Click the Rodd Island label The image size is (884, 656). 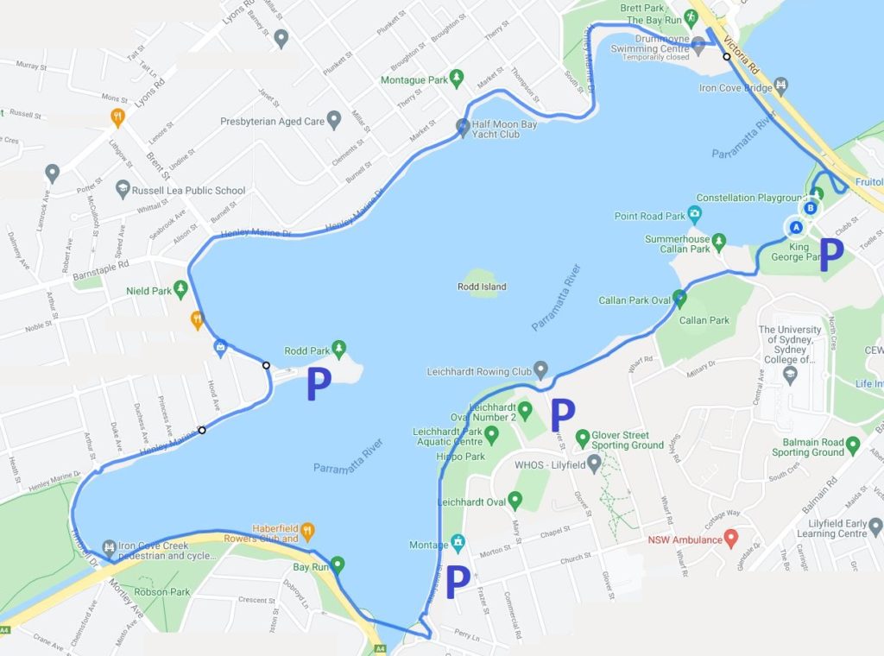pos(482,287)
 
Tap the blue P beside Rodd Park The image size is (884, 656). pos(319,386)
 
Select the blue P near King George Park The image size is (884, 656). pos(830,255)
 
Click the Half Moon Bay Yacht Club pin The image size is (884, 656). pos(462,125)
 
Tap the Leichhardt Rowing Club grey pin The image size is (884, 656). pos(540,371)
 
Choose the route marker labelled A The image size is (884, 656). pos(797,226)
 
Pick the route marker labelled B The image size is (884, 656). pos(810,208)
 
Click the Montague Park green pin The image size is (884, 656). pos(457,79)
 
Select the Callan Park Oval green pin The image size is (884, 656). pos(679,300)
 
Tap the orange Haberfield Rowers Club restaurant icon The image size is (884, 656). pos(307,530)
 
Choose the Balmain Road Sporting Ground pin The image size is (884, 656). pos(854,445)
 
